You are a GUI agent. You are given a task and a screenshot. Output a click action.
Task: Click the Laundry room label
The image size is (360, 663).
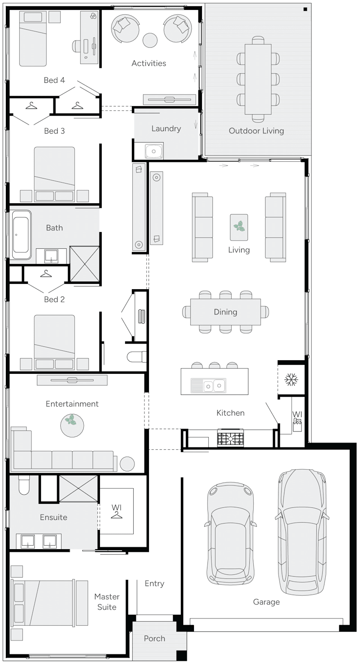pyautogui.click(x=166, y=129)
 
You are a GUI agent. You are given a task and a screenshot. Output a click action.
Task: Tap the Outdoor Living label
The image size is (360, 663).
pyautogui.click(x=256, y=131)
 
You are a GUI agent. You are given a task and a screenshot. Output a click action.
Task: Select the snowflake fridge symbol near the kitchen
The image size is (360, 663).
pyautogui.click(x=291, y=380)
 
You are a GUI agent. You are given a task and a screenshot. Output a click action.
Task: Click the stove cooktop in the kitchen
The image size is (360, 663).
pyautogui.click(x=230, y=438)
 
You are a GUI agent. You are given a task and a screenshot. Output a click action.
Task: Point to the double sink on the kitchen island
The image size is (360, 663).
pyautogui.click(x=213, y=385)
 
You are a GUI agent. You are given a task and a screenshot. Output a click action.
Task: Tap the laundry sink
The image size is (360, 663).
pyautogui.click(x=154, y=150)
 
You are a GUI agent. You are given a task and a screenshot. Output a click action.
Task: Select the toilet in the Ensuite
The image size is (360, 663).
pyautogui.click(x=24, y=485)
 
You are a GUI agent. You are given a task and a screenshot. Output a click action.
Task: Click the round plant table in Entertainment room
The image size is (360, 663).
pyautogui.click(x=72, y=425)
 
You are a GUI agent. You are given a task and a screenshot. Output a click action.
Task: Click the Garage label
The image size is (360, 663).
pyautogui.click(x=266, y=602)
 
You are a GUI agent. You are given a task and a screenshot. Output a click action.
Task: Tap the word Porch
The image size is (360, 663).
pyautogui.click(x=154, y=638)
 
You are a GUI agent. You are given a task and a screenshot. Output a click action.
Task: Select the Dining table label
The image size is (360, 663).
pyautogui.click(x=225, y=312)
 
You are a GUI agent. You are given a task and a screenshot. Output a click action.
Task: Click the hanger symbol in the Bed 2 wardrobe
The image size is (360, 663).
pyautogui.click(x=46, y=273)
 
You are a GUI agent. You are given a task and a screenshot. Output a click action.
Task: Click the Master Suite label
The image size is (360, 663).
pyautogui.click(x=107, y=602)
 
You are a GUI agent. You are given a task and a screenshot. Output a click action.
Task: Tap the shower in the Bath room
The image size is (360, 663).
pyautogui.click(x=85, y=264)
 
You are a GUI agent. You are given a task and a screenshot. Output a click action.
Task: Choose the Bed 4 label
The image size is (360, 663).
pyautogui.click(x=54, y=80)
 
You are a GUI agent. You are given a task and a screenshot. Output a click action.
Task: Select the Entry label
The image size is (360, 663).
pyautogui.click(x=154, y=583)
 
